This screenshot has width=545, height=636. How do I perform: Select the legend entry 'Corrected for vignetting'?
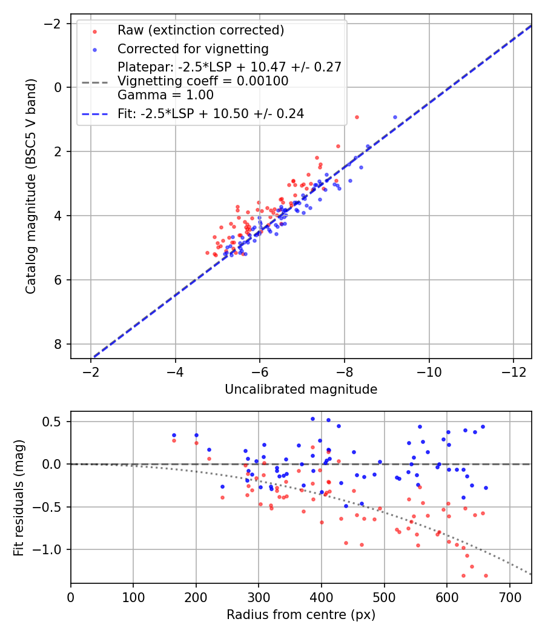193,48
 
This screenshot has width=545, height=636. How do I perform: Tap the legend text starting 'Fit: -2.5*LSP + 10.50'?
211,113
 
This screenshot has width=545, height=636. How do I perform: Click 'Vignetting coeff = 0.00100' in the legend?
203,81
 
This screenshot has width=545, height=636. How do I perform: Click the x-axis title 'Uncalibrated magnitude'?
301,389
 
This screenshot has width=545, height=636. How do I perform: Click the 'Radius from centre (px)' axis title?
301,615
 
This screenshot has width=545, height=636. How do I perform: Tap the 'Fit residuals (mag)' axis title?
19,497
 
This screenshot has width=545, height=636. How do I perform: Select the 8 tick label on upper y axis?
58,344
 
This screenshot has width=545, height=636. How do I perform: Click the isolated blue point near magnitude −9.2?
395,117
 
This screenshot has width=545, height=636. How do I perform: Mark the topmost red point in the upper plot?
357,117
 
